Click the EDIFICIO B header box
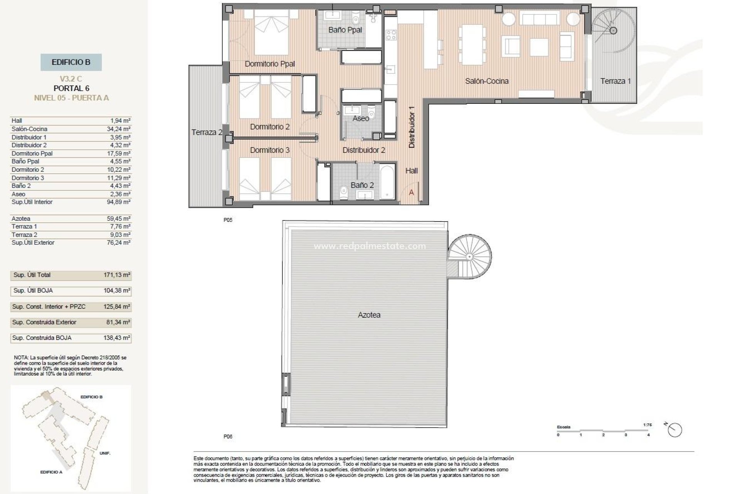point(71,62)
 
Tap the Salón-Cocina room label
point(486,81)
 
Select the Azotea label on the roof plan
point(369,315)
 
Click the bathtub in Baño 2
point(387,182)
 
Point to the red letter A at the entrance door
point(411,192)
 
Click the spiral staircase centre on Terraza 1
point(613,30)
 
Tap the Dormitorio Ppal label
point(270,64)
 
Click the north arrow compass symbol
point(675,430)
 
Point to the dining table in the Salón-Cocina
point(471,45)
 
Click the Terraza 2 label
point(207,132)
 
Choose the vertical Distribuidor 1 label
point(412,127)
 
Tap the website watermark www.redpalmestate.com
point(370,246)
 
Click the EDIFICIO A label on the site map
point(51,472)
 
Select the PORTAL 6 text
point(71,88)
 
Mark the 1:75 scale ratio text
point(647,425)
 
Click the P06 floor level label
point(228,436)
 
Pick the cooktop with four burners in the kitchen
point(390,35)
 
